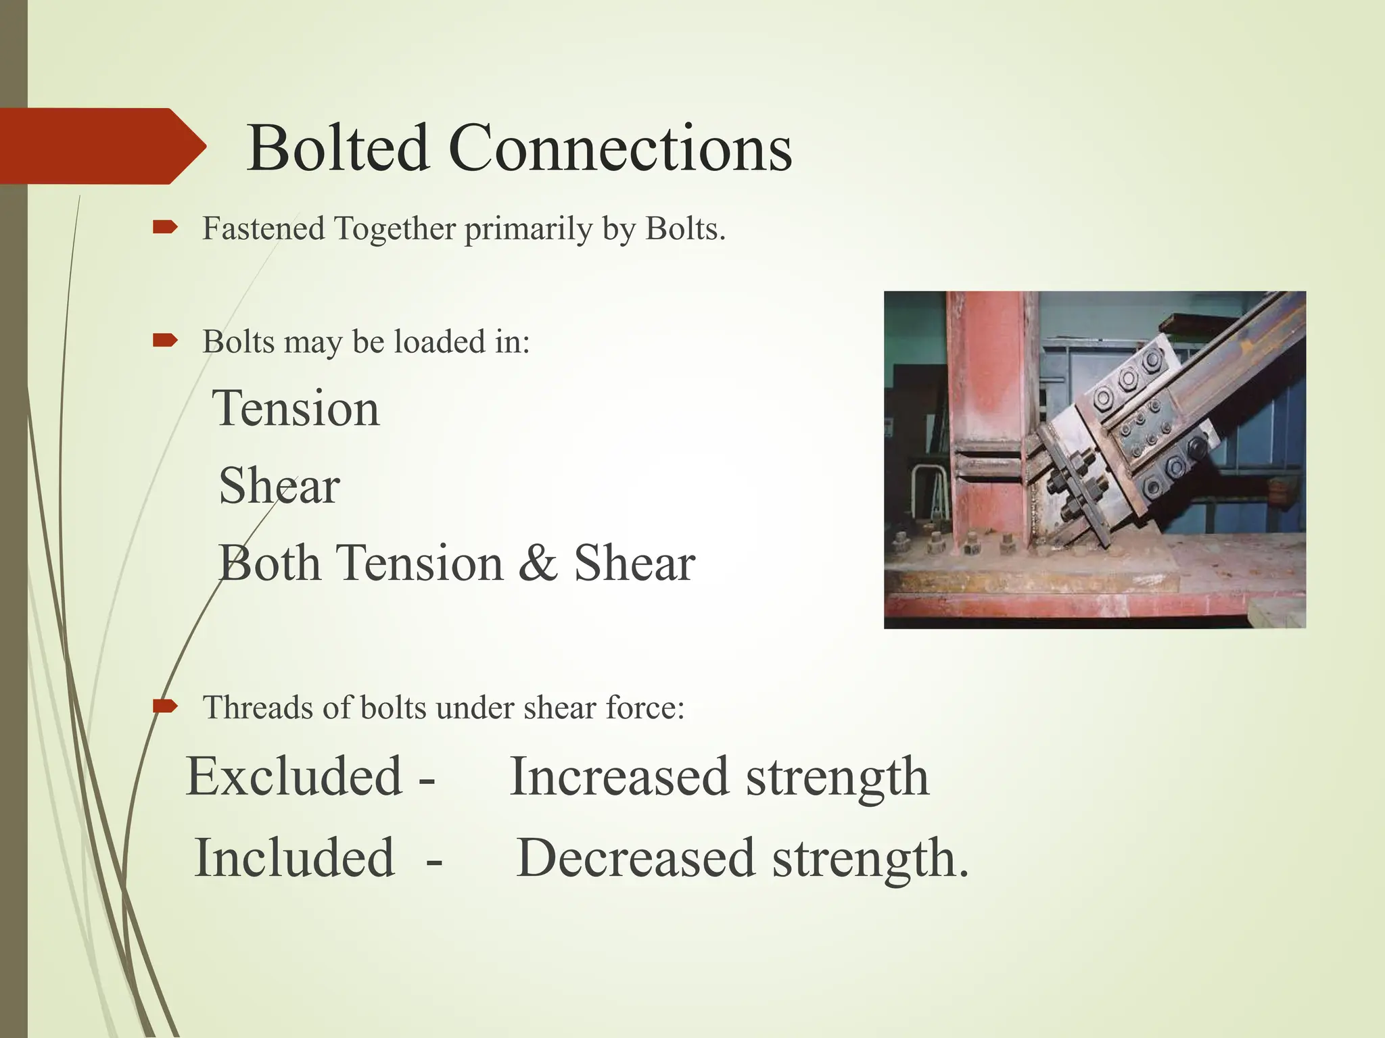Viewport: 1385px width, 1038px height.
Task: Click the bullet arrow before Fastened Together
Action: (164, 228)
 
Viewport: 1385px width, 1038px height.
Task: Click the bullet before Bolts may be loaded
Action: (164, 341)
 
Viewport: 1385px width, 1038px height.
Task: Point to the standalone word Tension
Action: (296, 408)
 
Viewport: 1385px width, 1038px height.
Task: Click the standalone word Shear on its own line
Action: (279, 486)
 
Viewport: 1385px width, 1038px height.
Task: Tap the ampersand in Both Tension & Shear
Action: (538, 563)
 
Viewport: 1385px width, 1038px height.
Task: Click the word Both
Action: (269, 563)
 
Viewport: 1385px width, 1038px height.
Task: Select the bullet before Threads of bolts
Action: (164, 707)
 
